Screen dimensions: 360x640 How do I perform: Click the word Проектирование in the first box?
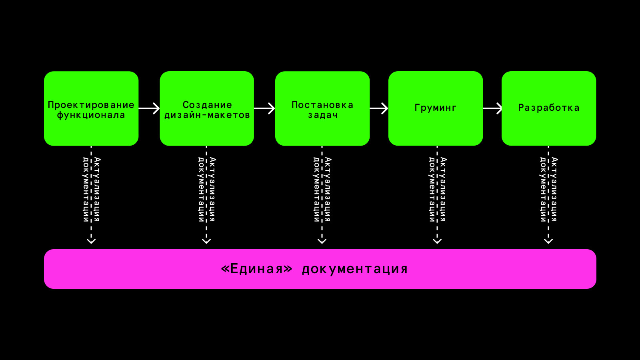91,105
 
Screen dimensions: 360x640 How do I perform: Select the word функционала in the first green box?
91,115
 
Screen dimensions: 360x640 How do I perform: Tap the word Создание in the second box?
207,105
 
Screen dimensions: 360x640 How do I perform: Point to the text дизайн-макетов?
207,115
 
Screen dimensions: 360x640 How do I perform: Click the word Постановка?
322,105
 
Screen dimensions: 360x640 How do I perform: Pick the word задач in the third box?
323,115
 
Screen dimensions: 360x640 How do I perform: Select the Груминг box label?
436,108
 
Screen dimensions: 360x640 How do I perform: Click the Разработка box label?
549,108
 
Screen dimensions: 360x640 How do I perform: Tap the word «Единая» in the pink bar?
256,269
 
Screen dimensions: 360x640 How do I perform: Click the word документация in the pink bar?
355,269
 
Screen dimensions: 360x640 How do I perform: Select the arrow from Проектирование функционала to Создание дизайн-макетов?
149,108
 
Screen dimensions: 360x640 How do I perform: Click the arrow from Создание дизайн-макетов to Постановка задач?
264,108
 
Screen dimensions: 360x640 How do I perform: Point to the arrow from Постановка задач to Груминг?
379,108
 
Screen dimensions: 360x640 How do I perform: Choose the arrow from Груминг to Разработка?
492,108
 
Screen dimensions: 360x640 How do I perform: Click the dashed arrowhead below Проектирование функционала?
91,241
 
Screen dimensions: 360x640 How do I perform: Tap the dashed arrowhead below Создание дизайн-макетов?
206,241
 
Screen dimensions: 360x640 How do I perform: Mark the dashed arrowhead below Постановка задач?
322,241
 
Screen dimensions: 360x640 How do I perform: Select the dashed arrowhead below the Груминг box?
437,241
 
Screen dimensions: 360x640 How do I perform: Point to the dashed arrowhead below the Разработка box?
548,241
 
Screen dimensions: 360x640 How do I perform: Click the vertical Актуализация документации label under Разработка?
548,190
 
